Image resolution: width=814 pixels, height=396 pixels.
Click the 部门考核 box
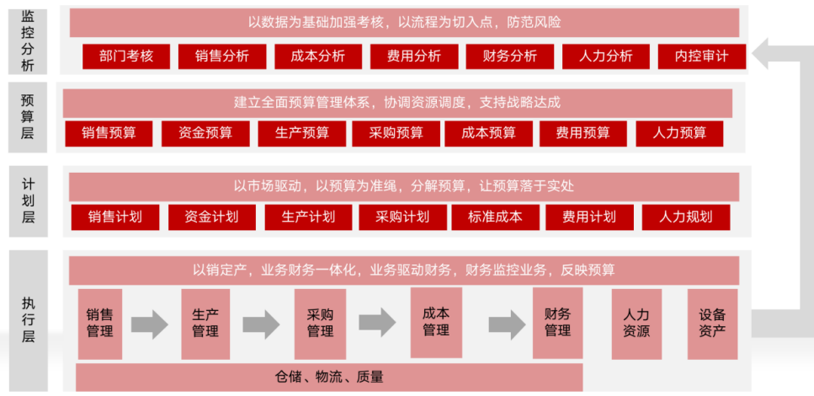pos(126,56)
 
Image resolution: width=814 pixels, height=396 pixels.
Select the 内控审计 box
pos(702,56)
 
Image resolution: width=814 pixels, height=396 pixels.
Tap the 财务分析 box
pos(510,56)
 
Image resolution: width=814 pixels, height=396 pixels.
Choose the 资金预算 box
pos(205,133)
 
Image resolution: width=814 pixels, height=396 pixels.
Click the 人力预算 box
pos(679,133)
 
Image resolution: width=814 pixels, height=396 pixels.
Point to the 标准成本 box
pos(495,217)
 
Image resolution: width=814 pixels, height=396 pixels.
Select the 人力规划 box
pos(685,217)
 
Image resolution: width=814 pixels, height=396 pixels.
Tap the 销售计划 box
pos(114,217)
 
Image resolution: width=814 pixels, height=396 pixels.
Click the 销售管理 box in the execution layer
pos(99,324)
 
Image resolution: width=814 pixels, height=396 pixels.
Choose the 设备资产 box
pos(712,324)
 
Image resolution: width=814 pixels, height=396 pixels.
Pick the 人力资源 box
pos(636,324)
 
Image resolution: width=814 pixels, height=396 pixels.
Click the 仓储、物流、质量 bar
pos(329,377)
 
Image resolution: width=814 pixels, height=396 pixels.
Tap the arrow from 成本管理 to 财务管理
pos(507,322)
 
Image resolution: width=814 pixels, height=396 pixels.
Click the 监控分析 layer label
pos(28,40)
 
